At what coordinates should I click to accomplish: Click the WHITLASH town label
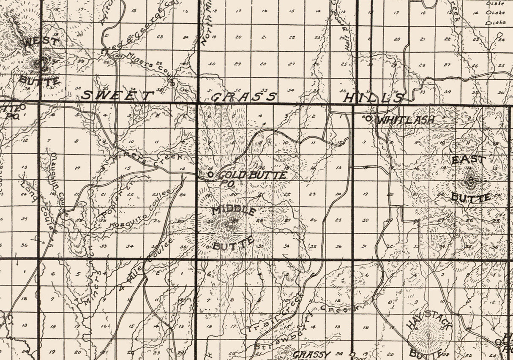tap(405, 120)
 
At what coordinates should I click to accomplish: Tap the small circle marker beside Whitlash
tap(368, 119)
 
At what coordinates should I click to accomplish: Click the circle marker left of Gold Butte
tap(210, 174)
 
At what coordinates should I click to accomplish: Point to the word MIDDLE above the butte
tap(234, 210)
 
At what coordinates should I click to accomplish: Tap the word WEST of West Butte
tap(41, 42)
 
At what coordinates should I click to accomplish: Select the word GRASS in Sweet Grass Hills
tap(244, 97)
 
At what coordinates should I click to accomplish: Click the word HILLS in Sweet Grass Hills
tap(372, 98)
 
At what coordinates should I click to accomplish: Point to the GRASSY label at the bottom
tap(311, 354)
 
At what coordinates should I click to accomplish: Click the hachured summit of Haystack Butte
tap(428, 335)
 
